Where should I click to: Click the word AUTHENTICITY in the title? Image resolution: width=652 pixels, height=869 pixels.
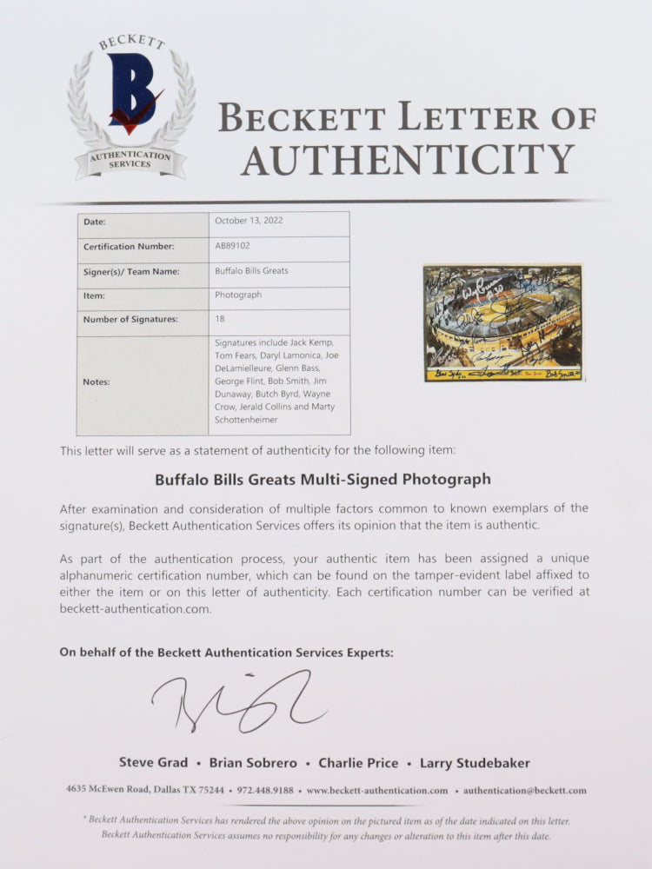point(408,159)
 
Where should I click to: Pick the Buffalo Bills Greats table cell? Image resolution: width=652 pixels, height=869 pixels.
point(251,270)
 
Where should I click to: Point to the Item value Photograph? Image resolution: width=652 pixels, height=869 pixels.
point(237,295)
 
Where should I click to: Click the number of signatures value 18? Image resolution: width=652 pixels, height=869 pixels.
point(220,319)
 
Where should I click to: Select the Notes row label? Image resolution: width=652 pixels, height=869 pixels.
point(96,382)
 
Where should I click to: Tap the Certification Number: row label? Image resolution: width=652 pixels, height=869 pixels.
point(129,246)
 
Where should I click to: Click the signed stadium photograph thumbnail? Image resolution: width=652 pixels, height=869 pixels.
point(502,323)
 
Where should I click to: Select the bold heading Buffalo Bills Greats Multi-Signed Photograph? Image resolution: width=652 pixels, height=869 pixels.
point(323,479)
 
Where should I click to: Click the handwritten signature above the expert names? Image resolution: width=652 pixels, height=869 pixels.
point(239,700)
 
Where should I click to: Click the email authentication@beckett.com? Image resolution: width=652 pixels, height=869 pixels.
point(525,791)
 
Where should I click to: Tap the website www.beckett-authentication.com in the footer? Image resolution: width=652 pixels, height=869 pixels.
point(377,791)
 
